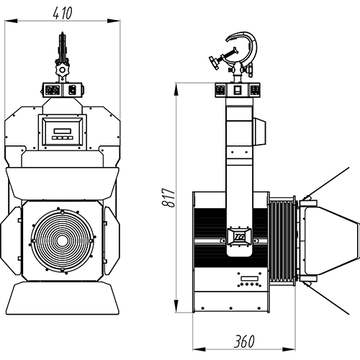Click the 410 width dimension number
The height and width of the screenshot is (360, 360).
point(62,13)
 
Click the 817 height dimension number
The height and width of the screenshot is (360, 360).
point(168,197)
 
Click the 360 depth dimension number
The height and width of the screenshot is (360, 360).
point(244,341)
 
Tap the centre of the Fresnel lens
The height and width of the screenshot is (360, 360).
point(62,240)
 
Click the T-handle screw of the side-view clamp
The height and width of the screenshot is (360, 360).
point(222,57)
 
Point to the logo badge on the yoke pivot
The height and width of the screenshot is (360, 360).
point(239,237)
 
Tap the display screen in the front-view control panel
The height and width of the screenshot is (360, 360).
point(62,131)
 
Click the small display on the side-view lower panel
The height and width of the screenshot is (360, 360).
point(249,279)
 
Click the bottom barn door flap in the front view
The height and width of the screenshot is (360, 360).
point(63,298)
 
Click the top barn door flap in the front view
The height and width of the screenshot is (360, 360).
point(62,184)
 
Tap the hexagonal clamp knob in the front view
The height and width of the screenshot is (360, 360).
point(62,70)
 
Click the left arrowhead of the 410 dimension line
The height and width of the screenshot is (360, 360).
point(11,21)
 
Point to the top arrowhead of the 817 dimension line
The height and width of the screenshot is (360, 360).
point(176,89)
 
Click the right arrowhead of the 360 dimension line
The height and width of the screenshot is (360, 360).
point(289,349)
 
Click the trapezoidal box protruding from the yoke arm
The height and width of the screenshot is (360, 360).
point(259,131)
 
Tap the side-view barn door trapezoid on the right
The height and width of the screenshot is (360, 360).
point(332,240)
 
